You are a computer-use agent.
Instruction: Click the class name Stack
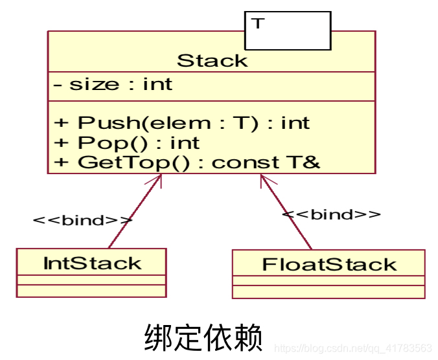pyautogui.click(x=212, y=61)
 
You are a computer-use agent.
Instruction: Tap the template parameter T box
pyautogui.click(x=287, y=30)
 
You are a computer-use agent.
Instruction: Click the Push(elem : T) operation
pyautogui.click(x=181, y=122)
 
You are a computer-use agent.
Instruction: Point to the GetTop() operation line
pyautogui.click(x=188, y=162)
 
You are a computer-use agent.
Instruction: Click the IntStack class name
pyautogui.click(x=91, y=264)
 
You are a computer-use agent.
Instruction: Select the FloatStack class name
pyautogui.click(x=329, y=265)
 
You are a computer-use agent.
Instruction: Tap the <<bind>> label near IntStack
pyautogui.click(x=82, y=220)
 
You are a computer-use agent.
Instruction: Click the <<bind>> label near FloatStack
pyautogui.click(x=331, y=214)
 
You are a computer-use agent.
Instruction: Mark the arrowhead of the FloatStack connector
pyautogui.click(x=263, y=177)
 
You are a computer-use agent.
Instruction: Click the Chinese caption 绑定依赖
pyautogui.click(x=202, y=337)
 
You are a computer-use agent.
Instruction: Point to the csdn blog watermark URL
pyautogui.click(x=353, y=348)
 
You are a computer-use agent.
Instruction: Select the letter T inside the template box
pyautogui.click(x=258, y=23)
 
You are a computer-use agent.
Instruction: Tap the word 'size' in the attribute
pyautogui.click(x=94, y=85)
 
